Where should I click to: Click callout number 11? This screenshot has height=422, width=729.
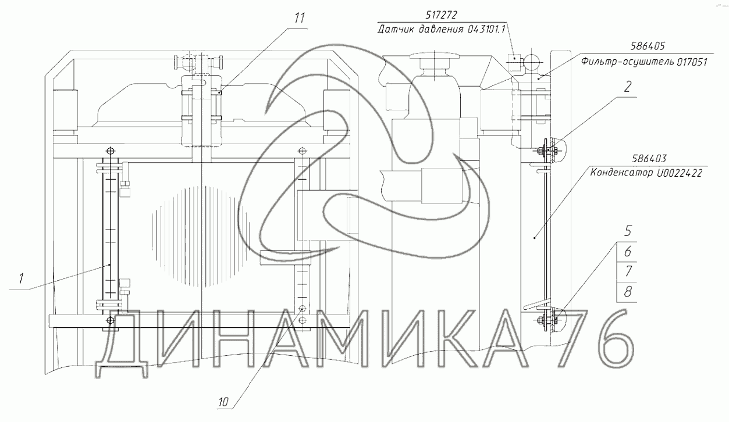[x=300, y=18]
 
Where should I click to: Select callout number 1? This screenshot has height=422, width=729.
[x=21, y=278]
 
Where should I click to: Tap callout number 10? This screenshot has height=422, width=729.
[x=223, y=402]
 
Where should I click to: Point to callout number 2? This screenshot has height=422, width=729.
[x=627, y=87]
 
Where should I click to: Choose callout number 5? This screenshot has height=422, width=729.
[x=628, y=231]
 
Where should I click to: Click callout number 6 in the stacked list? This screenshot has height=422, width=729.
[x=628, y=251]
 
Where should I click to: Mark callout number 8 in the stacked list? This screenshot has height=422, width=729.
[x=628, y=292]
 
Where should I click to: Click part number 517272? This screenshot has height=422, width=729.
[x=441, y=15]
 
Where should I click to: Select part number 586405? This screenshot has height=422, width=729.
[x=648, y=46]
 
